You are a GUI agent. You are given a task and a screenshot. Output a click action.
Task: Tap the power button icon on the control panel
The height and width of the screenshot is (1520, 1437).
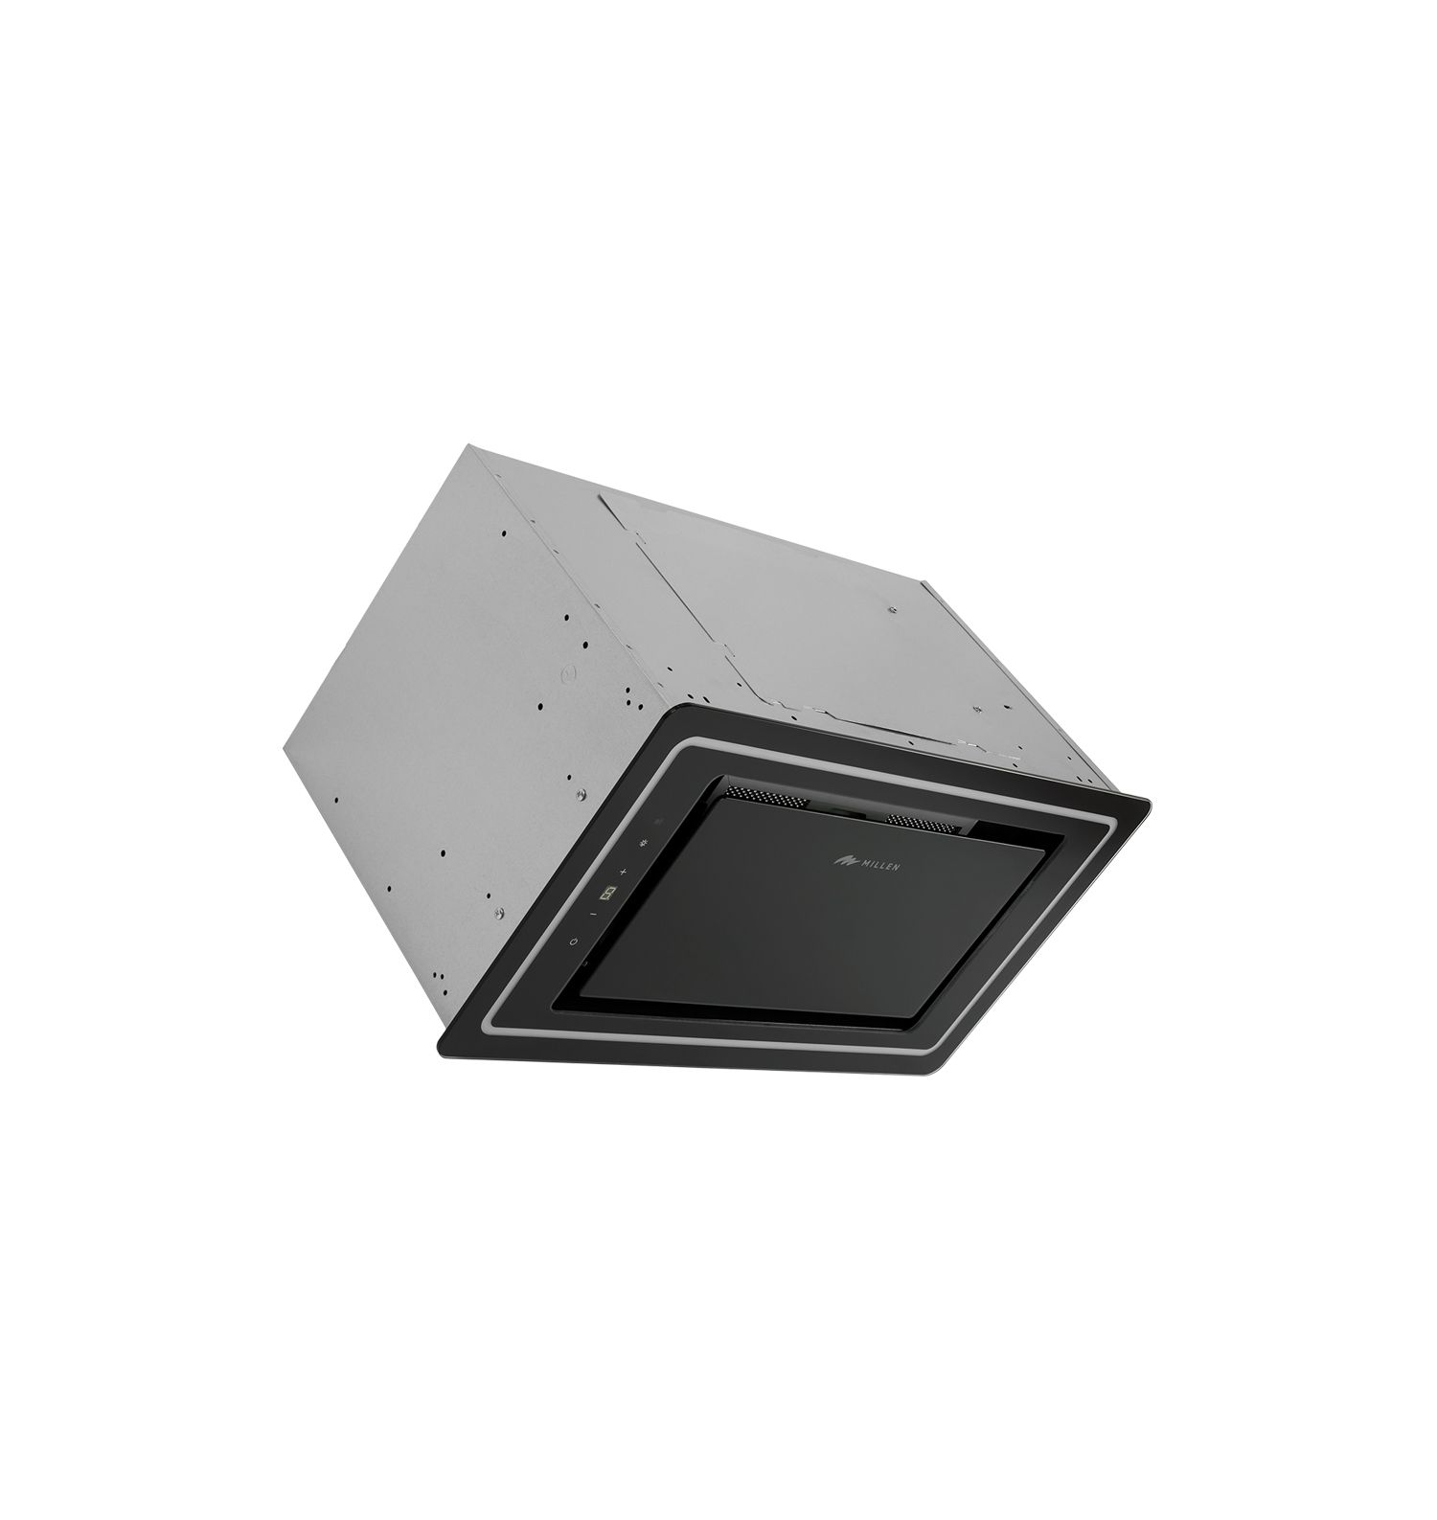click(x=574, y=941)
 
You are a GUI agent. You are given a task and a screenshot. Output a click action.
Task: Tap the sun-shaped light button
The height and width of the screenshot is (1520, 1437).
click(x=642, y=844)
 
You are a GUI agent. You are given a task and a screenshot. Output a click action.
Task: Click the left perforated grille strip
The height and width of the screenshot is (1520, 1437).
click(x=763, y=795)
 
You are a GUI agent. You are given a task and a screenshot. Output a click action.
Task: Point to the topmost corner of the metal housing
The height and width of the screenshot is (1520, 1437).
click(x=467, y=445)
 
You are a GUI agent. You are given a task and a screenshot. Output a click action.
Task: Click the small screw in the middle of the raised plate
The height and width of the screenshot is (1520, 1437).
click(x=892, y=610)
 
